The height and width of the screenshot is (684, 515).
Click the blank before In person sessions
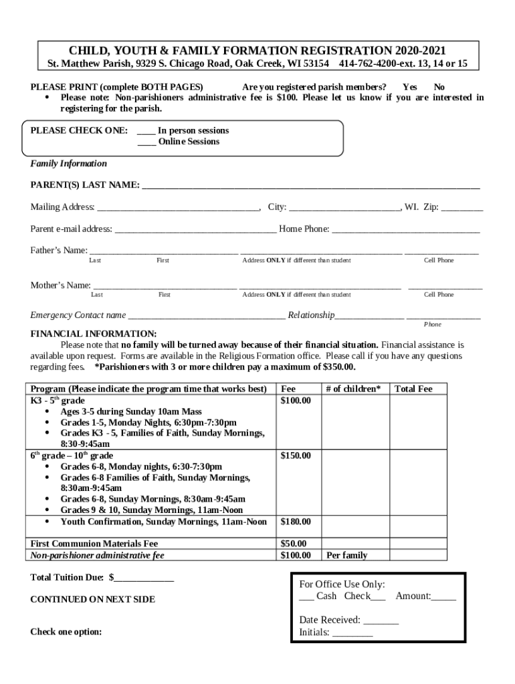point(146,132)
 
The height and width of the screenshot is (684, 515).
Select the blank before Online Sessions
point(146,142)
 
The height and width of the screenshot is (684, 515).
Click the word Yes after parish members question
point(409,87)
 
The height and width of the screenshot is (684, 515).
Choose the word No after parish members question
point(439,87)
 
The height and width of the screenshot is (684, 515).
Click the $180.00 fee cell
point(295,522)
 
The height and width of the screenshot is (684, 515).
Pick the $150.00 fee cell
point(295,456)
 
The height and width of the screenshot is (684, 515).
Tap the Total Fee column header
point(413,389)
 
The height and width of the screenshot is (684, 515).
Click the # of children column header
point(353,389)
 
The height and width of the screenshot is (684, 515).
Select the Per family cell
point(346,555)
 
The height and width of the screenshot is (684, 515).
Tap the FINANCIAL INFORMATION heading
point(94,334)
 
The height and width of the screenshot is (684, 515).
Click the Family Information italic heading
point(68,164)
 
